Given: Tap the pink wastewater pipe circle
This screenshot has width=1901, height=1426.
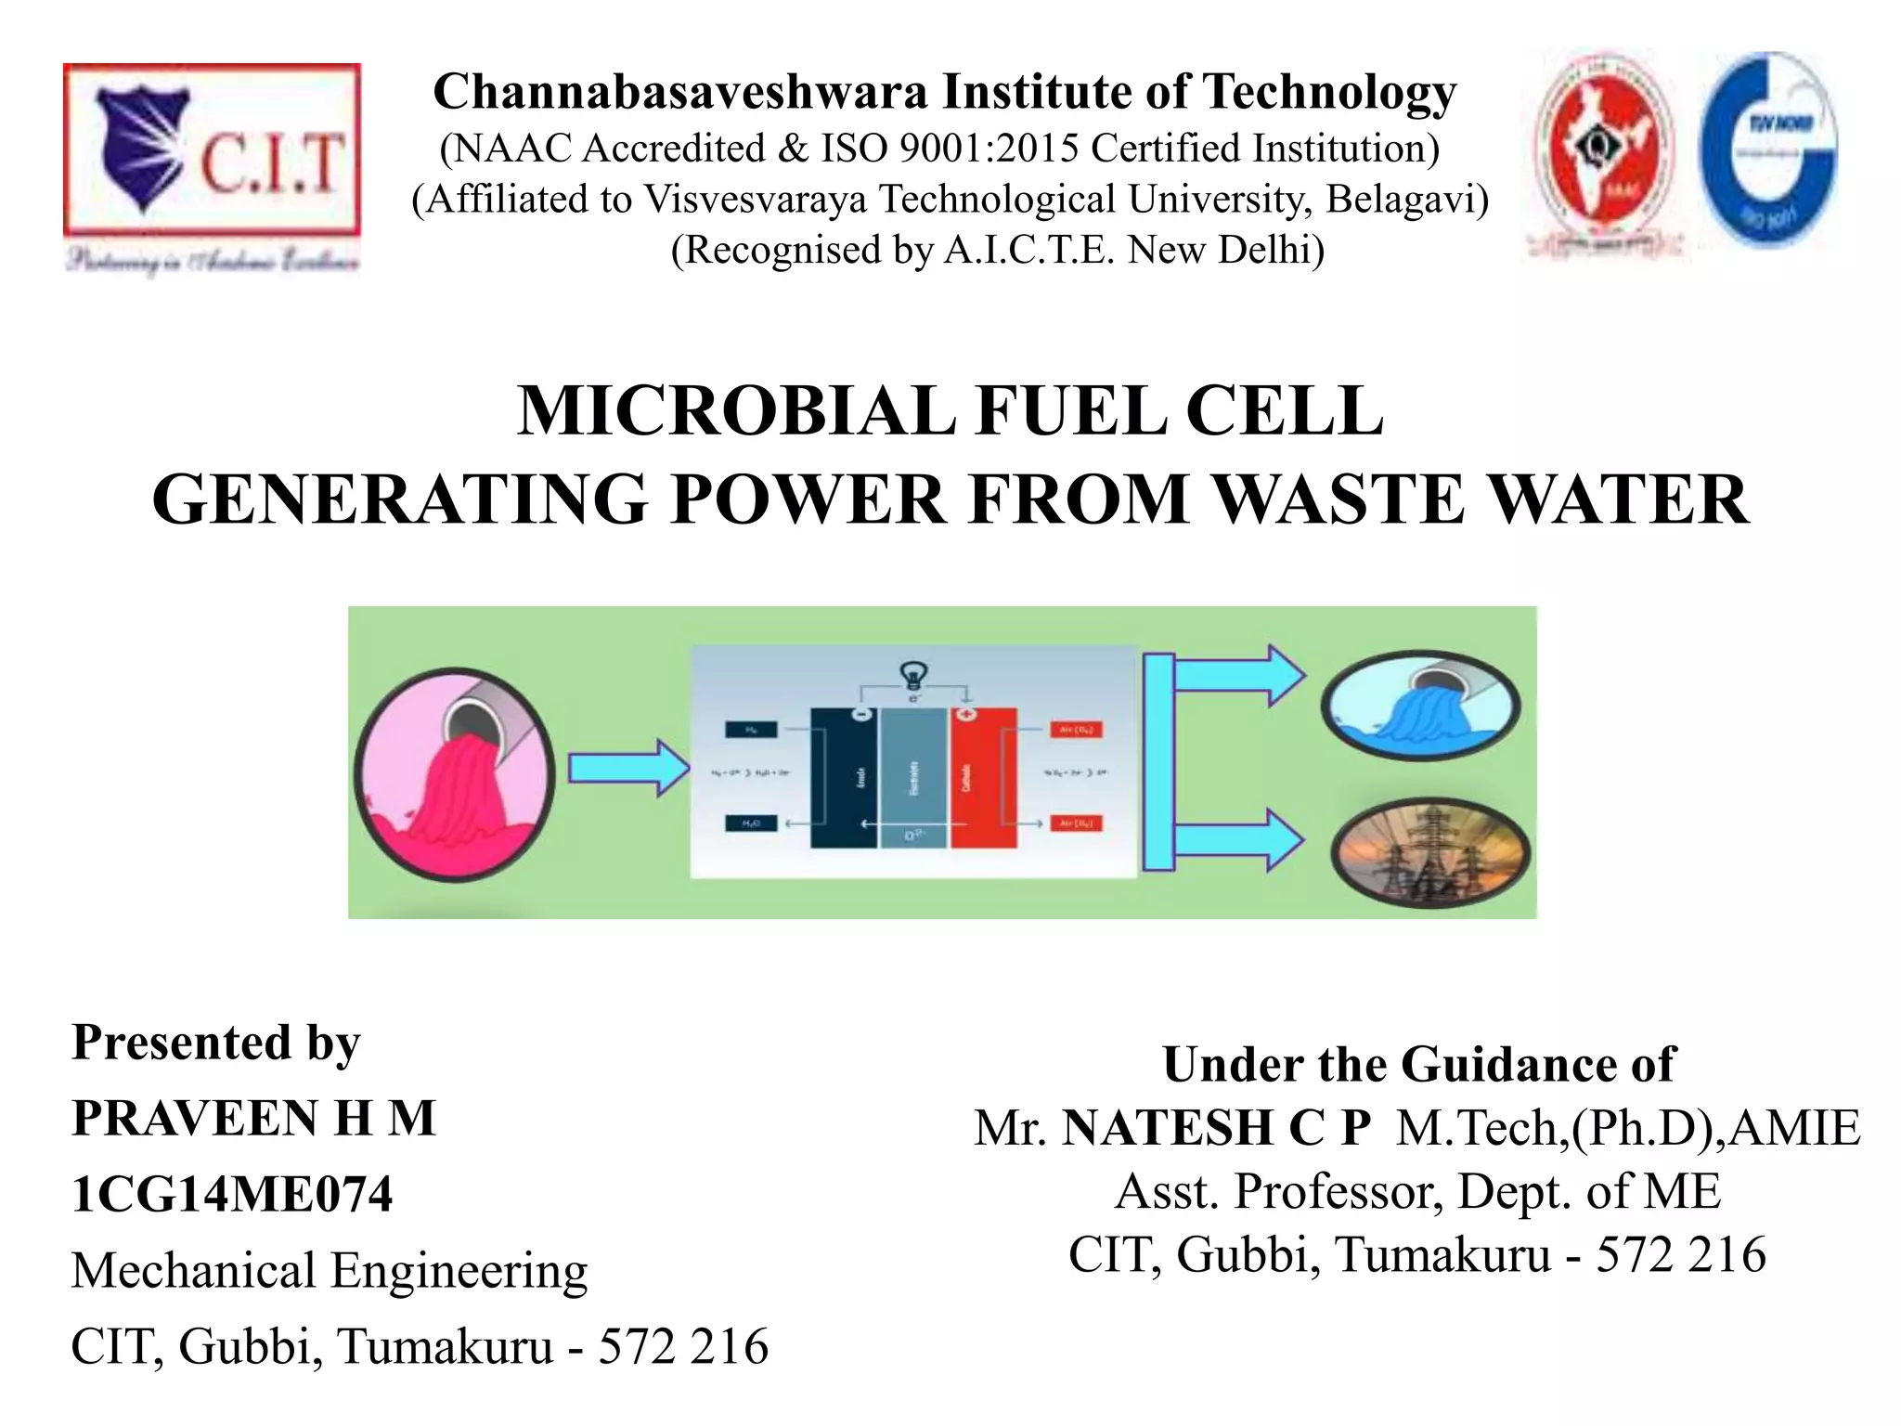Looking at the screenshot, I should coord(455,774).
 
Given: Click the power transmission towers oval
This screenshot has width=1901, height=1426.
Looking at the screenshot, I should coord(1429,852).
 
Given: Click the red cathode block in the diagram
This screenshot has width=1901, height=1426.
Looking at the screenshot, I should coord(982,778).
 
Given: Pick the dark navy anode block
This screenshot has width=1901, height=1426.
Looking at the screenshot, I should coord(844,778).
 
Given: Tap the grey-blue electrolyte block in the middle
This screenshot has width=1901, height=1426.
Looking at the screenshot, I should coord(913,778).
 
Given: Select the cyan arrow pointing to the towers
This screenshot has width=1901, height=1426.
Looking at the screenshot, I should coord(1239,839).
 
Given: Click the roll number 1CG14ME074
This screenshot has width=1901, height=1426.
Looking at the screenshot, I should coord(232,1194).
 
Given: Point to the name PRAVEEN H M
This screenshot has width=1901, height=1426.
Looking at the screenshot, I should coord(253,1118).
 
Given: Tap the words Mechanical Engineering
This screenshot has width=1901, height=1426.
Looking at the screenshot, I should coord(330,1270).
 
